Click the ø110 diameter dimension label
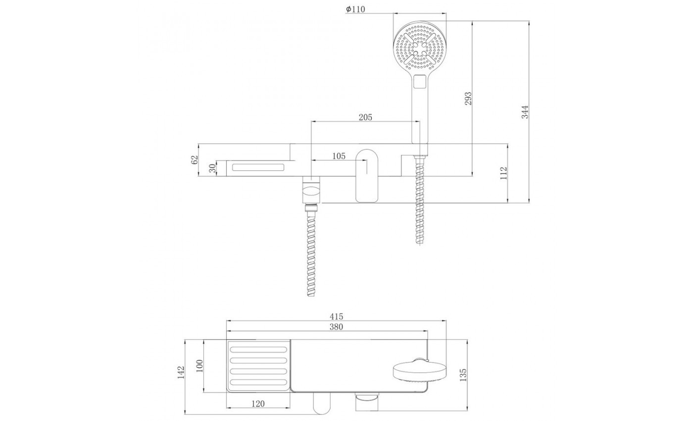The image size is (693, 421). (x=355, y=9)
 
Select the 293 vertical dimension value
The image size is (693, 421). (x=469, y=98)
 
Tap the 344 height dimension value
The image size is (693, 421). (x=525, y=112)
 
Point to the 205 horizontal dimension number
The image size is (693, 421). (x=365, y=117)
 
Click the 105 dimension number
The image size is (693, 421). (x=339, y=156)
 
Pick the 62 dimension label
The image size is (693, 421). (x=195, y=159)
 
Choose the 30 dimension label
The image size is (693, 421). (x=212, y=168)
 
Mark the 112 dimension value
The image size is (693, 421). (x=504, y=173)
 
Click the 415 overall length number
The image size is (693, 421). (x=336, y=316)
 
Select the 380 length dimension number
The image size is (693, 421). (x=336, y=326)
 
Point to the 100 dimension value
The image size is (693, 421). (x=200, y=367)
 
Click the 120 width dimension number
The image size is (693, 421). (x=257, y=404)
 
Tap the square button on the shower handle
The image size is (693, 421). (x=420, y=80)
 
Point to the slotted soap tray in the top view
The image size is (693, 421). (x=258, y=366)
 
